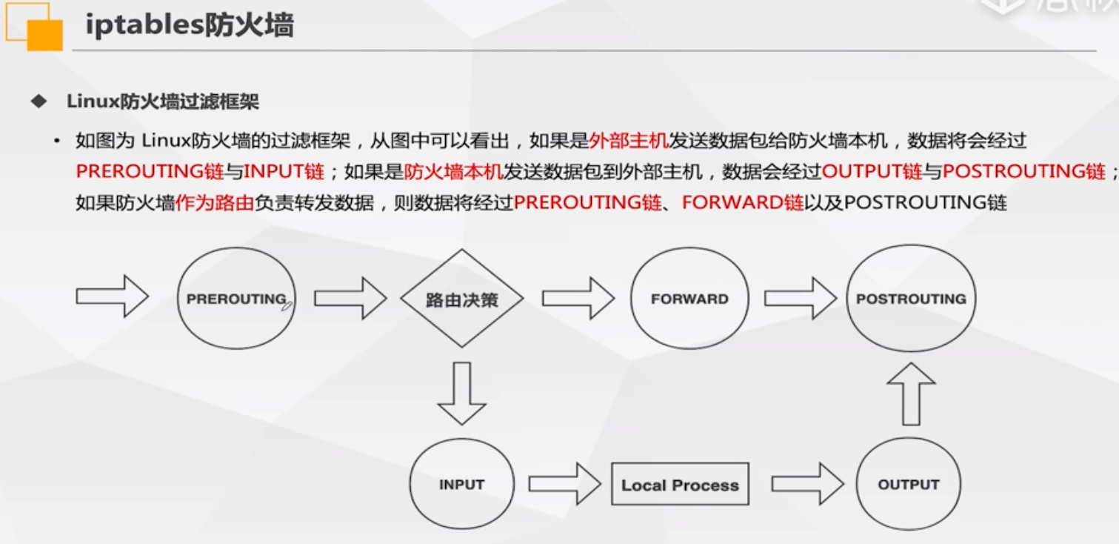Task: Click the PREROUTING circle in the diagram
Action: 236,299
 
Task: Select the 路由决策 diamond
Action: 461,299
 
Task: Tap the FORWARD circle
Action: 689,299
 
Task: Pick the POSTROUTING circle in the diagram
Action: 910,299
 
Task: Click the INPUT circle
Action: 461,485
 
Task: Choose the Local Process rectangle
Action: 680,485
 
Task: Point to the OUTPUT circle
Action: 908,485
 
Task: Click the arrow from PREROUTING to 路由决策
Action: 350,299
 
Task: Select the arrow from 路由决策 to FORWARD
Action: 578,299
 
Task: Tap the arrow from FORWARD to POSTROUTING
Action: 800,299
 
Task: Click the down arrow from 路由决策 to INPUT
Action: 461,393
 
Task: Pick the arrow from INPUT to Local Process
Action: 564,485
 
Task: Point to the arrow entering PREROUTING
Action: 112,296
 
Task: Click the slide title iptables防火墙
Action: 190,26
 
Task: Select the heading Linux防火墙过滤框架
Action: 163,102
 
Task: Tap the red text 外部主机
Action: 628,140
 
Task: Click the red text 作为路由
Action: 215,202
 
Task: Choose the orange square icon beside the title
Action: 43,33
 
